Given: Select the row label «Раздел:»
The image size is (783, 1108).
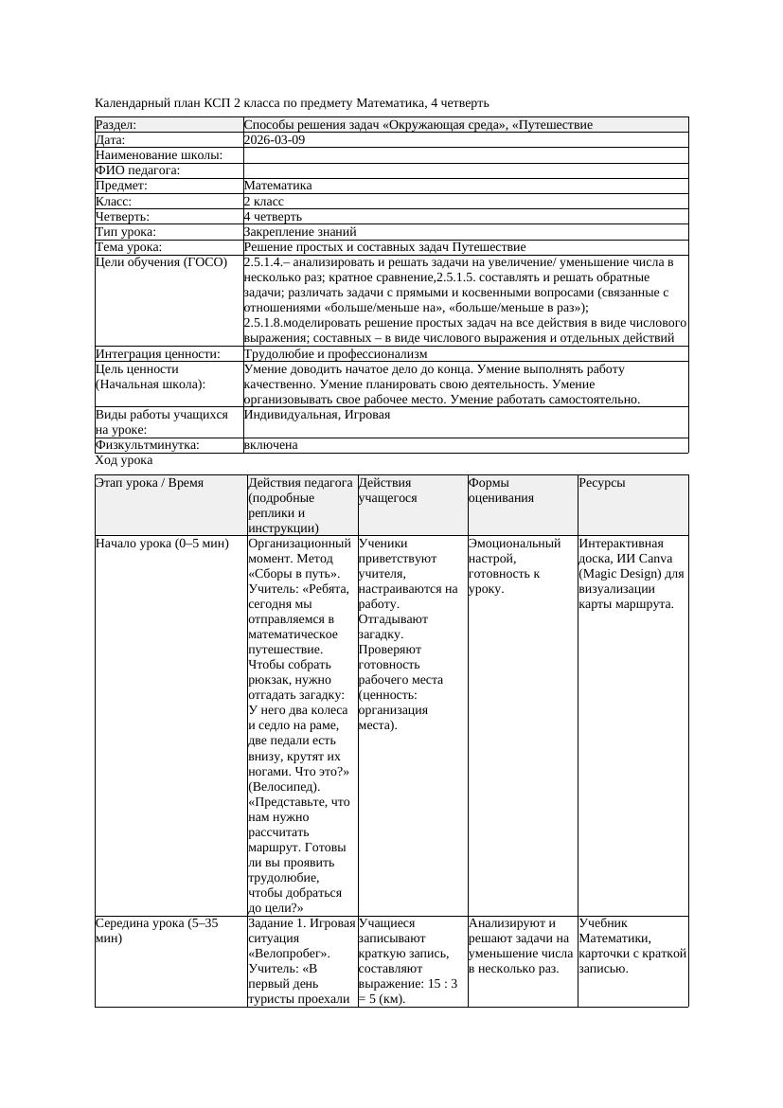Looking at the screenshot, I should tap(116, 125).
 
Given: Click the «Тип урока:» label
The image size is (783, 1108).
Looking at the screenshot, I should tap(126, 231).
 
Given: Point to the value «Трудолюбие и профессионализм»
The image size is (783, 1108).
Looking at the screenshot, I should tap(335, 354).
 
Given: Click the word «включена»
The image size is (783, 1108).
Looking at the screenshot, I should tap(271, 445).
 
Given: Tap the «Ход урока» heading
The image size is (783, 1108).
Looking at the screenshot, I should tap(124, 460).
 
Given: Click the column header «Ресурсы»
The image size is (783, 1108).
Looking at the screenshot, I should tap(602, 483).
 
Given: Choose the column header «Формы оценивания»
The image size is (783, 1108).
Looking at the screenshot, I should tap(501, 491).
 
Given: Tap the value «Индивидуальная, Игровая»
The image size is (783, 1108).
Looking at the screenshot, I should tap(317, 415).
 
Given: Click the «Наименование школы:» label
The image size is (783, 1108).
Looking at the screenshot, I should tap(159, 155).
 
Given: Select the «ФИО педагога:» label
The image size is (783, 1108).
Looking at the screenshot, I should tap(138, 170).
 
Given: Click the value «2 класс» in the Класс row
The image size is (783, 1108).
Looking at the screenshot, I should tap(264, 202).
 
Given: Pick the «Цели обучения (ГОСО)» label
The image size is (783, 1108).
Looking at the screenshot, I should tap(162, 262).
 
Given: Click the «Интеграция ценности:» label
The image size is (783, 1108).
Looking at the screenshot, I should tap(158, 354).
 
